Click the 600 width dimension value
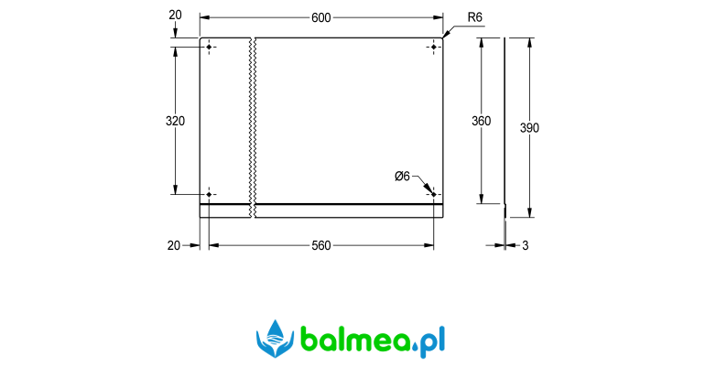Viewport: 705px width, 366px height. tap(321, 17)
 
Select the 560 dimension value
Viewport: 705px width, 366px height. tap(321, 245)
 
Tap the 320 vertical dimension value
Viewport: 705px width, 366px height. tap(175, 121)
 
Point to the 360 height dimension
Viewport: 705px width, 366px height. tap(481, 121)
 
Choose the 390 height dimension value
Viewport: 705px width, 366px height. tap(529, 128)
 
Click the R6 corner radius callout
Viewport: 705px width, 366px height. tap(475, 17)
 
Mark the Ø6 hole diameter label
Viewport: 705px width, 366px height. tap(403, 176)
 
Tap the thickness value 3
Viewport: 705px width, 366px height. tap(526, 245)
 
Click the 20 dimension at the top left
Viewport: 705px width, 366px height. tap(175, 15)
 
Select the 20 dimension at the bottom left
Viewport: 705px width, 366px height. tap(174, 245)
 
